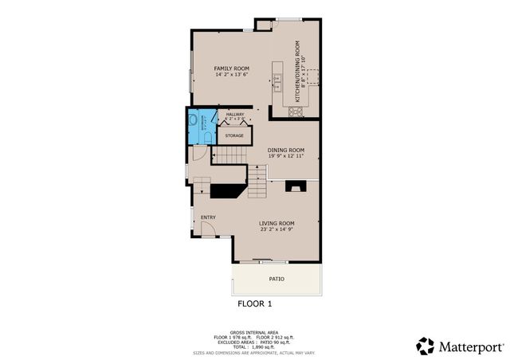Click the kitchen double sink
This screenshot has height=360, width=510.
click(x=278, y=78)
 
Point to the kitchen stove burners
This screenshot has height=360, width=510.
click(x=296, y=112)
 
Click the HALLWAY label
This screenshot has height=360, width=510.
click(x=234, y=115)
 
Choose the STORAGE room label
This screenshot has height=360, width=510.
click(x=233, y=136)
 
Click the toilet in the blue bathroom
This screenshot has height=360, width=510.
click(x=206, y=137)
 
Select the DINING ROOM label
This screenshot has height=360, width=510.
click(x=285, y=150)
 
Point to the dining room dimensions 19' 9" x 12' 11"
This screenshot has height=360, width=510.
click(x=285, y=156)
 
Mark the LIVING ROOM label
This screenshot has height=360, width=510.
click(x=277, y=223)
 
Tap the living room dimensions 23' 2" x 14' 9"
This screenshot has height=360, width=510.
click(x=277, y=229)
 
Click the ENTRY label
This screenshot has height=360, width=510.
click(x=208, y=217)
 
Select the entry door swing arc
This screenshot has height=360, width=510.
click(x=208, y=231)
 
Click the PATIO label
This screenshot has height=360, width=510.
click(x=276, y=279)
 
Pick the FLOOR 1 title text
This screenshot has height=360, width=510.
click(x=255, y=304)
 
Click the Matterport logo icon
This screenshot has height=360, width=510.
click(x=426, y=345)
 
